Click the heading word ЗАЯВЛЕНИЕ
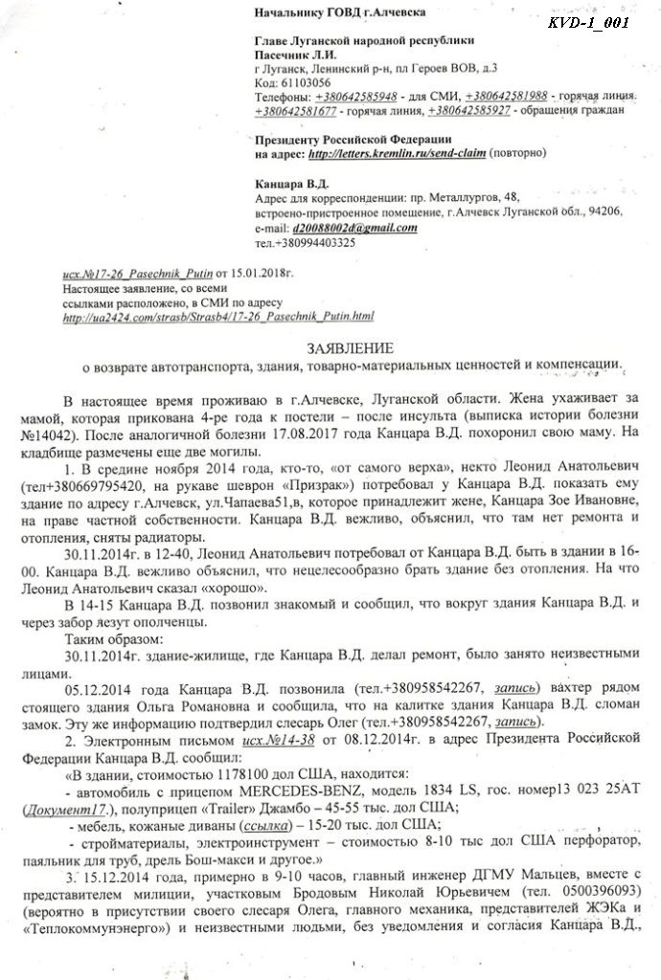(x=331, y=348)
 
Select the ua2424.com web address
(x=219, y=317)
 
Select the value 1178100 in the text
(x=237, y=772)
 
